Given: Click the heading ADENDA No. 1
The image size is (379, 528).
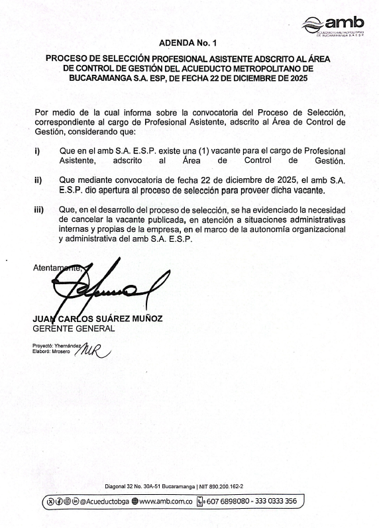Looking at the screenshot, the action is [x=188, y=42].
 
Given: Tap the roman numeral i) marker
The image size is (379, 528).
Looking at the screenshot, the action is [x=37, y=151].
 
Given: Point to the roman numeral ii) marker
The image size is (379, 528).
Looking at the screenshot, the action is [x=38, y=180].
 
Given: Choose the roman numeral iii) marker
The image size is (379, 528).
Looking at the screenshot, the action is [x=39, y=210].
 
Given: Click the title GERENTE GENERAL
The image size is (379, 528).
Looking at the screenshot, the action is [x=74, y=328].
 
